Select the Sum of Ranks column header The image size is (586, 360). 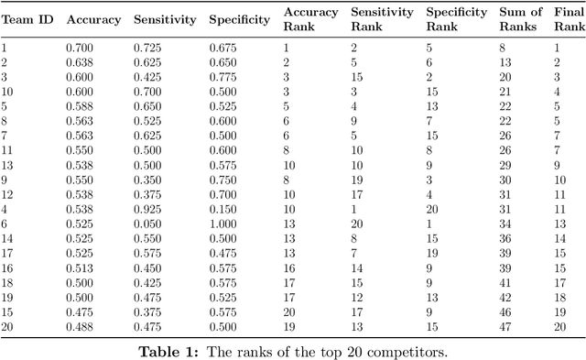518,19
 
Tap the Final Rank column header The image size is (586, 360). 569,19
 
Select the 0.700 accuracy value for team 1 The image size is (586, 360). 81,46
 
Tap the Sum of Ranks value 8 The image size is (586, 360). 503,46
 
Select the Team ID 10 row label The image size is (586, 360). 7,91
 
